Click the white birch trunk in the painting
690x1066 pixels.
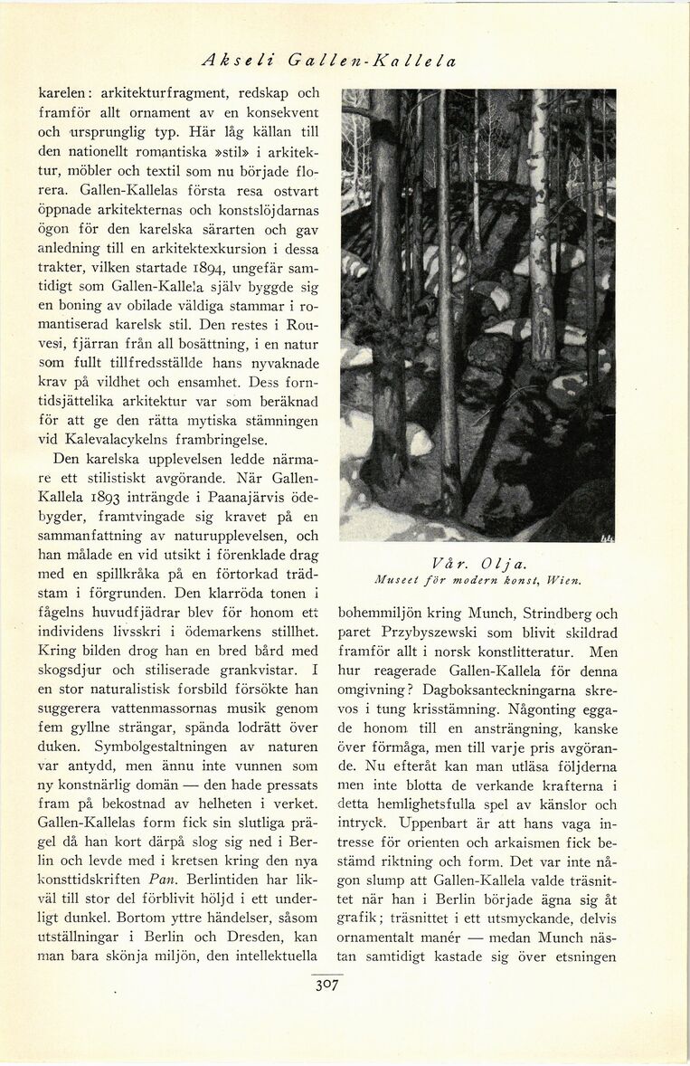(x=542, y=226)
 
